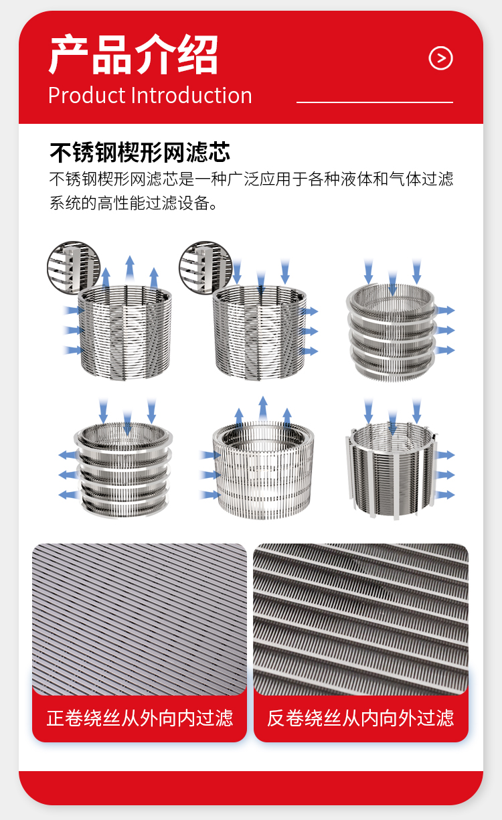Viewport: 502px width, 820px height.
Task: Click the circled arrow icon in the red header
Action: pos(440,58)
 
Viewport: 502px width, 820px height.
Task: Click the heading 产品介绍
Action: pos(134,54)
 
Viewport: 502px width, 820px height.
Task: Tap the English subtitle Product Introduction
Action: pos(150,95)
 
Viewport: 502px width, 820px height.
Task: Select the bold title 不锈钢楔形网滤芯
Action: pos(140,152)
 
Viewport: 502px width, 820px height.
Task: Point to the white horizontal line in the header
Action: pos(375,102)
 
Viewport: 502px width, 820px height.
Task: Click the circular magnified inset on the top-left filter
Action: pos(74,267)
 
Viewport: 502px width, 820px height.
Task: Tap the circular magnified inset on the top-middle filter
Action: pos(205,267)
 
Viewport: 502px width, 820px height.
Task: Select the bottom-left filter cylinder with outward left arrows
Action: pos(123,470)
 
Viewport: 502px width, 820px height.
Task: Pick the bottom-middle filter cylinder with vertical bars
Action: pos(263,471)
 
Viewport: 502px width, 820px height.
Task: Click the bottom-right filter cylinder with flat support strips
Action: pos(391,471)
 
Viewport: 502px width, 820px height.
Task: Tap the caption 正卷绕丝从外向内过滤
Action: pos(139,718)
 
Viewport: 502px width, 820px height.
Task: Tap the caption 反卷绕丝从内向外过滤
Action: pos(361,718)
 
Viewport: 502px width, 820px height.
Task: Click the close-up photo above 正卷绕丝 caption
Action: pos(139,619)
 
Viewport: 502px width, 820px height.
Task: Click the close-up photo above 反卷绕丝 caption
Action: pos(361,619)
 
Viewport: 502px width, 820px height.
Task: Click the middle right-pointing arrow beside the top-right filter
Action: pos(445,330)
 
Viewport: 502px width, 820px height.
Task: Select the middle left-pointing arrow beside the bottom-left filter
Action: pos(68,475)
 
